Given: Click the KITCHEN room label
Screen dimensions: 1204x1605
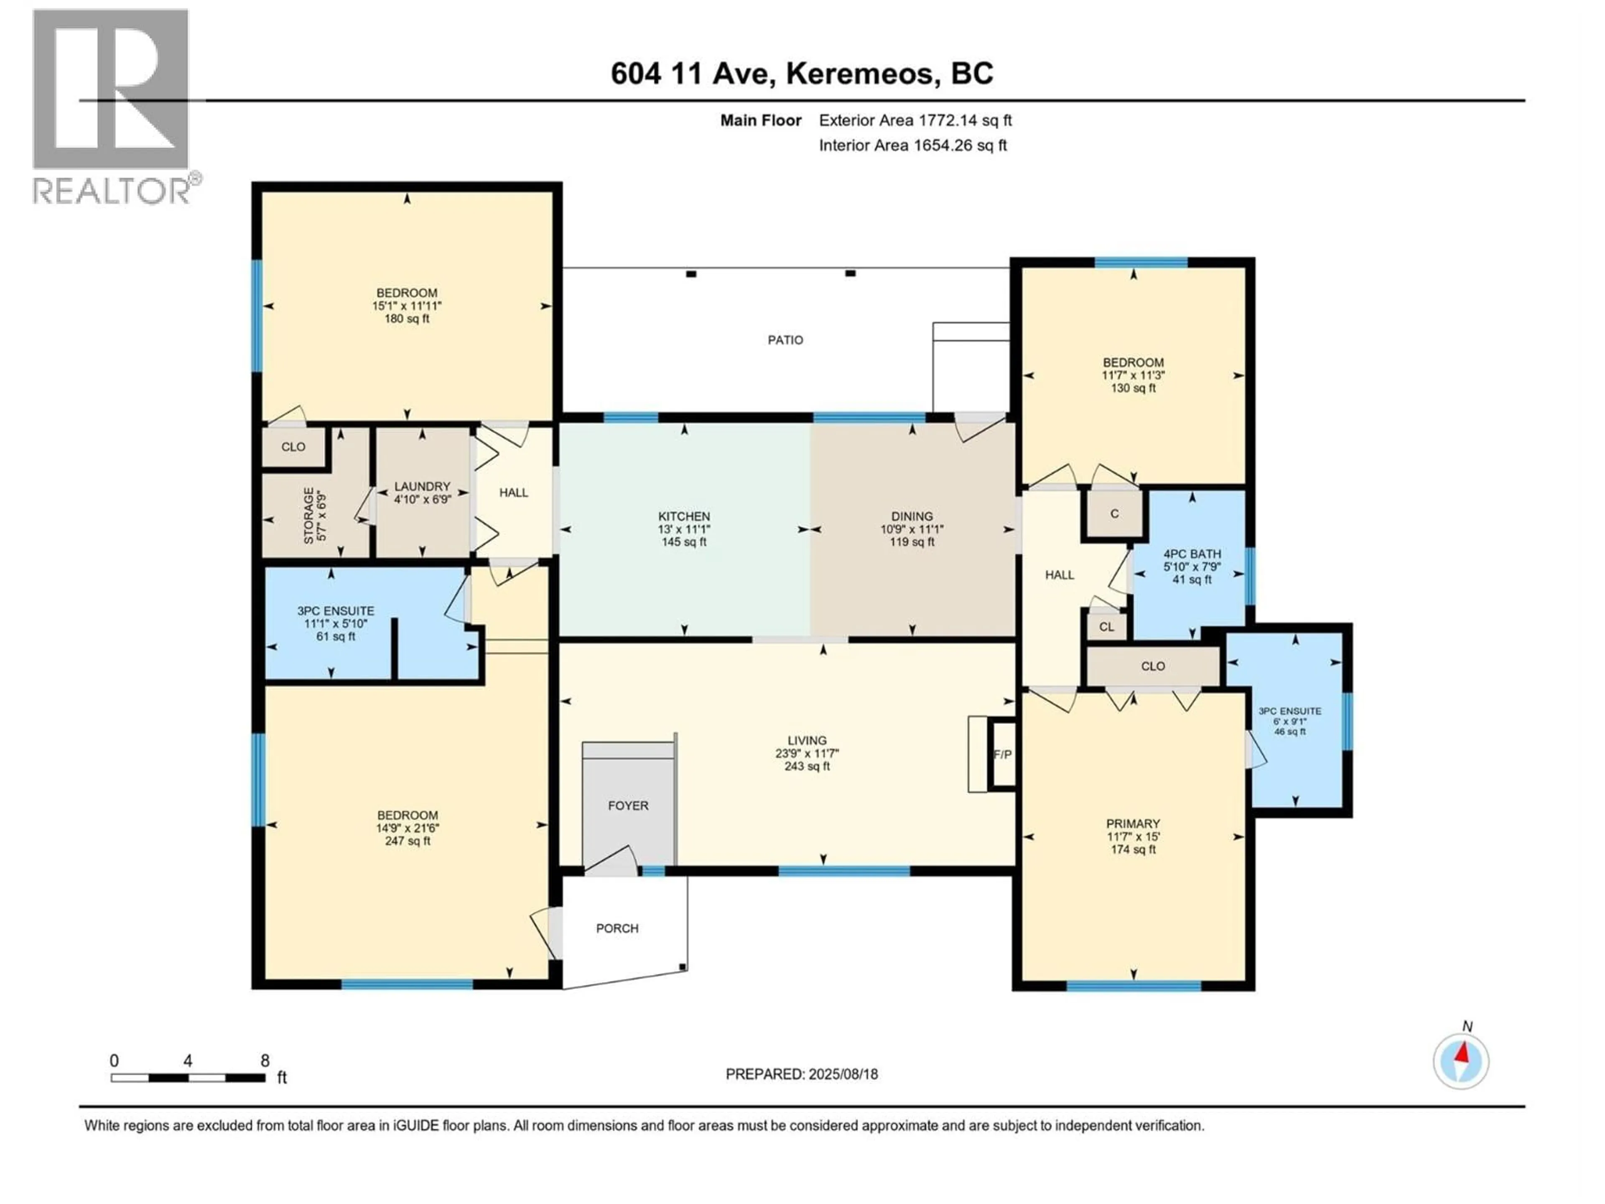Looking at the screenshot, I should tap(683, 516).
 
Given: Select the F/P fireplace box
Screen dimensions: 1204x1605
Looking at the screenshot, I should tap(1002, 754).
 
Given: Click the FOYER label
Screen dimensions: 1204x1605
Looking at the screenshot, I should tap(628, 805).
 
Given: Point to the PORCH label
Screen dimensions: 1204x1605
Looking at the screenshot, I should tap(617, 928).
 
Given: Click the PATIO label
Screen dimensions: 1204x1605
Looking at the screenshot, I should tap(785, 339).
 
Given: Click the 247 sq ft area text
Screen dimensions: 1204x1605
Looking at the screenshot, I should tap(407, 840).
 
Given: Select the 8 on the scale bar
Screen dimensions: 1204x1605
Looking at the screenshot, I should tap(265, 1060).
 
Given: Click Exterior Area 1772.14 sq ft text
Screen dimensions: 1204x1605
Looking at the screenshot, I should tap(915, 120).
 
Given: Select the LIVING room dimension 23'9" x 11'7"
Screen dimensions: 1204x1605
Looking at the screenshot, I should tap(806, 753).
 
